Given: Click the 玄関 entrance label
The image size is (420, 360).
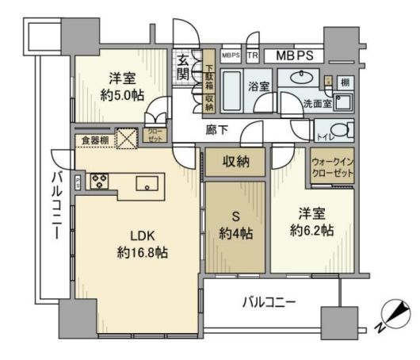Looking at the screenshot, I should tap(183, 68).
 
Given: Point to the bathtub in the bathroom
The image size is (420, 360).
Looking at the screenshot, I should tap(232, 93).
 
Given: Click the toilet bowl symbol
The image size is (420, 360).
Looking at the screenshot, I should tap(338, 130).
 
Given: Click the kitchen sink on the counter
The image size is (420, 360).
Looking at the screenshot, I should tap(147, 183).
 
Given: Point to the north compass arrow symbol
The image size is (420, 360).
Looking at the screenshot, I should tap(391, 315).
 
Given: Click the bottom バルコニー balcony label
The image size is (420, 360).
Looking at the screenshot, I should tap(269, 301).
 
